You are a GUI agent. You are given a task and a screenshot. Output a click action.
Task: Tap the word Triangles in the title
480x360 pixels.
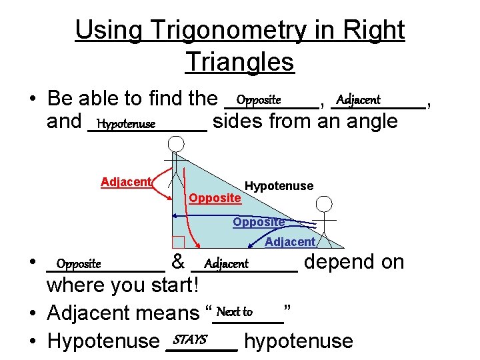240,62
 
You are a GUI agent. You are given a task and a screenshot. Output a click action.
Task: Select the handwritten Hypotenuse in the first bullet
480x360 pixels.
126,124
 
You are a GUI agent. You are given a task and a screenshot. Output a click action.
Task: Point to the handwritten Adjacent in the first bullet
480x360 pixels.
358,100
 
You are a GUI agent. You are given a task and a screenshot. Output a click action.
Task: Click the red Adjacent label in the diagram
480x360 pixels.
127,182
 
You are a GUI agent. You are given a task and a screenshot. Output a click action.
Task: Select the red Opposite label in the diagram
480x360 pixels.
215,198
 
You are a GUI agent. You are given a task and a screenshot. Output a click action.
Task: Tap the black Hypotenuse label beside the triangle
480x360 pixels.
279,186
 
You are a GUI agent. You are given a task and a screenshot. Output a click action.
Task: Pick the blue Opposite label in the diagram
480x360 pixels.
259,222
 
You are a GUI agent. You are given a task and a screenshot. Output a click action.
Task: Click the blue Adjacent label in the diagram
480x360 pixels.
290,242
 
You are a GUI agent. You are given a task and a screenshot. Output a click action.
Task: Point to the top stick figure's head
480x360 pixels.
176,143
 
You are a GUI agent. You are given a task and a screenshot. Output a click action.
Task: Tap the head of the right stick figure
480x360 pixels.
324,204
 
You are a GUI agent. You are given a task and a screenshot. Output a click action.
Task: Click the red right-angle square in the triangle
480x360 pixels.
178,242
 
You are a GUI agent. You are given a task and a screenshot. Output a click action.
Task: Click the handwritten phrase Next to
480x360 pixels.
235,312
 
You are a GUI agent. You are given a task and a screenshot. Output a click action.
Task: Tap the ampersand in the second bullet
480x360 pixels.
178,262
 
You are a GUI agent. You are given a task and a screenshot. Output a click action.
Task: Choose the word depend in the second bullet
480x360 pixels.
342,262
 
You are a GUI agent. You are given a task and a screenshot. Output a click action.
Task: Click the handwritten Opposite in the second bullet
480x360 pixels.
79,264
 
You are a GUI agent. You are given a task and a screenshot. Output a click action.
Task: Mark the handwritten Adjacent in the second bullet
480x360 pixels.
227,264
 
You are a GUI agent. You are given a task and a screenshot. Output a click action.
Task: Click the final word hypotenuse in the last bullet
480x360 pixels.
299,341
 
